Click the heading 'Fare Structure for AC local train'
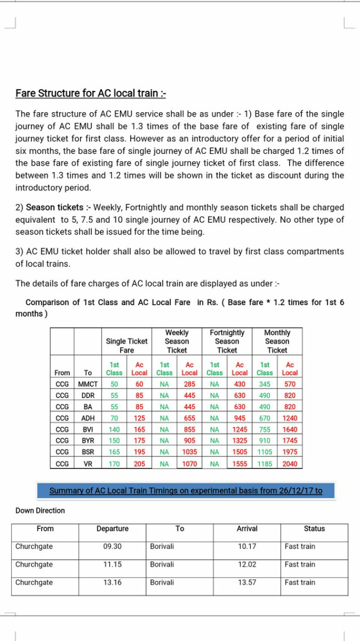90,93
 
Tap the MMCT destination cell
87,384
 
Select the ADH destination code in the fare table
87,418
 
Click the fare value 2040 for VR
290,464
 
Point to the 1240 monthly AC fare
290,418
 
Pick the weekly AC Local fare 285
189,384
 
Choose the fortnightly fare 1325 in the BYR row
239,441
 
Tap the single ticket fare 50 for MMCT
114,384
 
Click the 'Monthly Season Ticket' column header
277,341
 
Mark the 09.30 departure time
112,546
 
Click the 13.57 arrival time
247,582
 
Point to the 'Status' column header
314,528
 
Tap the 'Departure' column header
112,528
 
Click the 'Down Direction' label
40,510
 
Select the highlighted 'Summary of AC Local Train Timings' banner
186,490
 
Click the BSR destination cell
87,452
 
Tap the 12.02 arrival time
247,564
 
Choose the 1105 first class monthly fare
265,452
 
